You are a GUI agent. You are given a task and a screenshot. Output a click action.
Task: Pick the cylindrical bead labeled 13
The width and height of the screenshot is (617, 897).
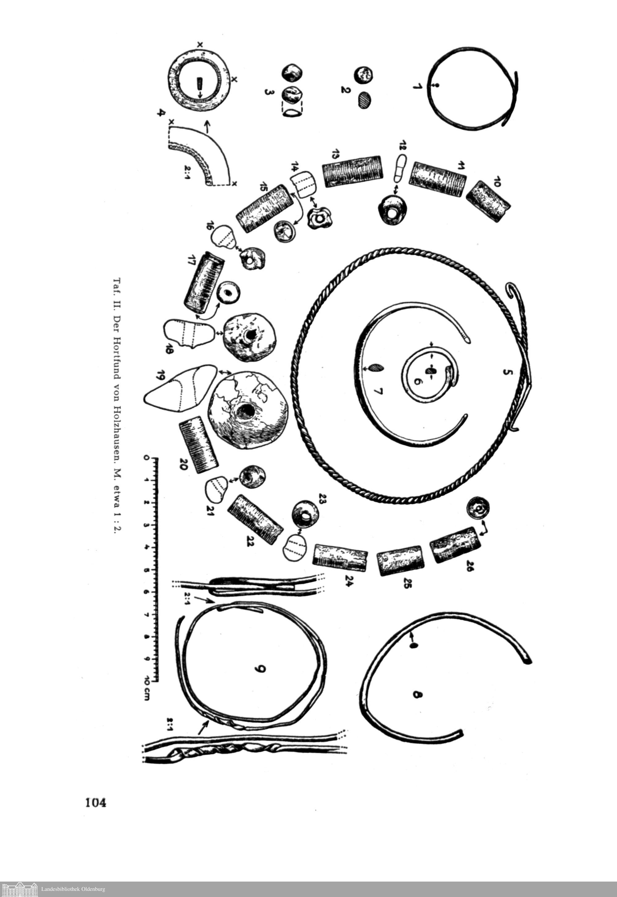(x=351, y=171)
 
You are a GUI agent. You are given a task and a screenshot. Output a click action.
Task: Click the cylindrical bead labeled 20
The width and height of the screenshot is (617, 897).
(x=198, y=445)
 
